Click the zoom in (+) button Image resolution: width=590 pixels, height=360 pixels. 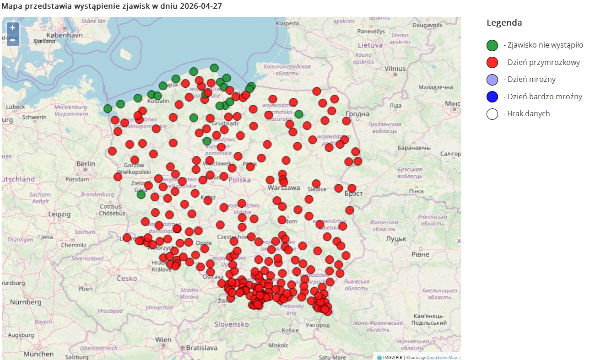[13, 28]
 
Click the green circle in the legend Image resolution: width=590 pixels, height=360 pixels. [492, 45]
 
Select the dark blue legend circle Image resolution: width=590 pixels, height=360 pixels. [492, 97]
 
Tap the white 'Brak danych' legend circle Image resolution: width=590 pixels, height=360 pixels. [492, 113]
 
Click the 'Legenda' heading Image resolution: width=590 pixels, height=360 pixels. [504, 23]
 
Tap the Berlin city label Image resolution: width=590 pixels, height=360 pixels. [86, 164]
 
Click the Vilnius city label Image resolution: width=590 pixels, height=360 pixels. [395, 68]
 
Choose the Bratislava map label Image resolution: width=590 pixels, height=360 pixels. [201, 348]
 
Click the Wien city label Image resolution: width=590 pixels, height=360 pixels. [163, 340]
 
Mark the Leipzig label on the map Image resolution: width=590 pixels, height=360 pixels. [59, 214]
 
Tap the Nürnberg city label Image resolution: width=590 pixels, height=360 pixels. [26, 302]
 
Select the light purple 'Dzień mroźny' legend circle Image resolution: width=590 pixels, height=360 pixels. [492, 80]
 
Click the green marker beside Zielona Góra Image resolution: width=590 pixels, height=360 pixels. [141, 194]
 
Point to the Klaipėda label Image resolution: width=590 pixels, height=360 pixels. [287, 23]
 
